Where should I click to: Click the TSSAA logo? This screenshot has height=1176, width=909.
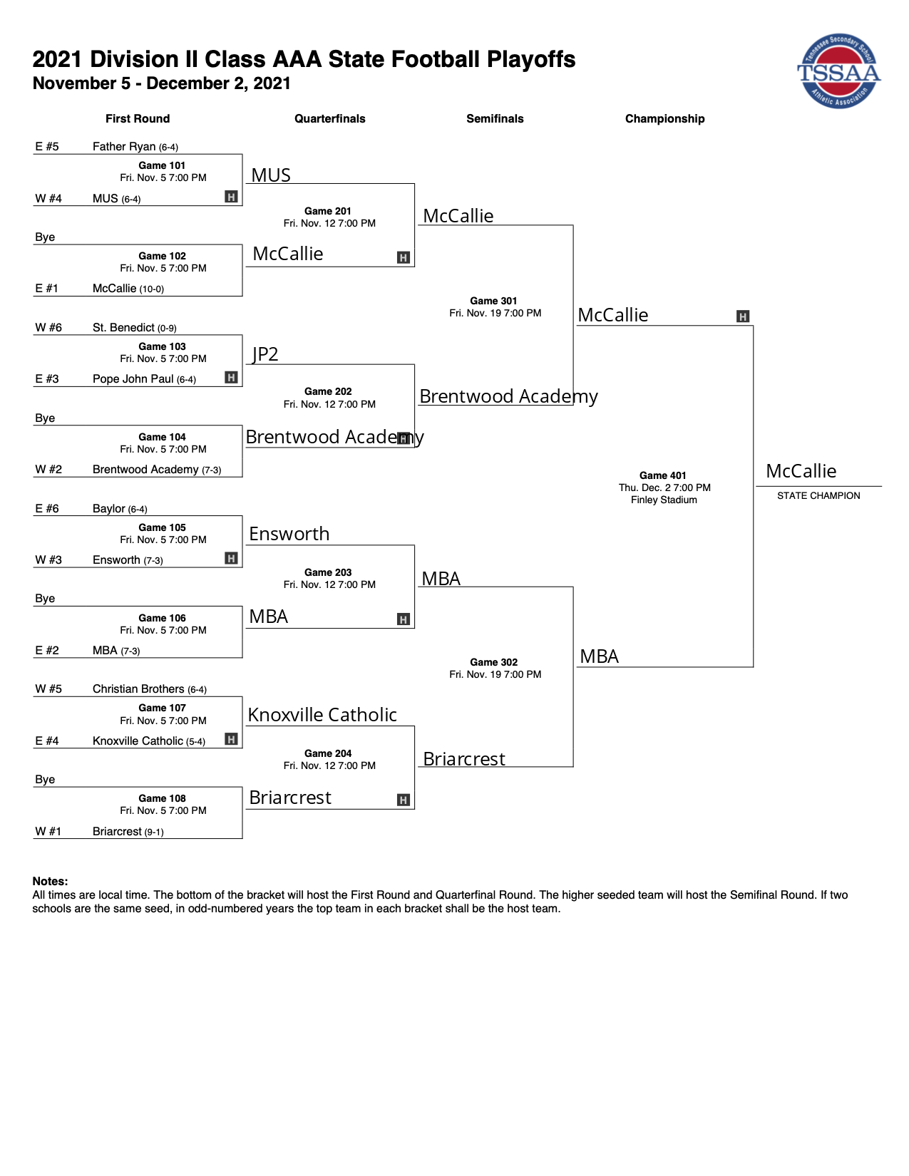pyautogui.click(x=838, y=71)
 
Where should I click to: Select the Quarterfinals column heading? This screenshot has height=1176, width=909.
pyautogui.click(x=329, y=118)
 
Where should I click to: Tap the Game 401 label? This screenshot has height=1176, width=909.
pyautogui.click(x=662, y=475)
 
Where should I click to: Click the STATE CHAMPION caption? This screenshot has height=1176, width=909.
pyautogui.click(x=818, y=495)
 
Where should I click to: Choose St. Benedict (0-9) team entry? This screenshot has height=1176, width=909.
pyautogui.click(x=134, y=327)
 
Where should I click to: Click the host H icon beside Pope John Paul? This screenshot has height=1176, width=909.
pyautogui.click(x=231, y=377)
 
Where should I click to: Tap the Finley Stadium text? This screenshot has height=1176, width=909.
pyautogui.click(x=664, y=500)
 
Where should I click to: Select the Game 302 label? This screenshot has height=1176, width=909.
pyautogui.click(x=494, y=662)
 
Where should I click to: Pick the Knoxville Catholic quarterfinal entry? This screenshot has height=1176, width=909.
pyautogui.click(x=322, y=714)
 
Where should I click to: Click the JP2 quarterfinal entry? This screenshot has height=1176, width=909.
pyautogui.click(x=265, y=354)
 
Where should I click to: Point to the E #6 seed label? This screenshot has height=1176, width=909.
pyautogui.click(x=47, y=508)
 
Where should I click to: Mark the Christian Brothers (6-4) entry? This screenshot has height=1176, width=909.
pyautogui.click(x=150, y=689)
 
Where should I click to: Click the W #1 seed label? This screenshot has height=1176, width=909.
pyautogui.click(x=48, y=831)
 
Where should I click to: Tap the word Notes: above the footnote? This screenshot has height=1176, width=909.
pyautogui.click(x=51, y=881)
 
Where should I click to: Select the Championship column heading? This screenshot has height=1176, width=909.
pyautogui.click(x=665, y=118)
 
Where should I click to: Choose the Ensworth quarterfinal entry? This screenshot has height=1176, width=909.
pyautogui.click(x=289, y=534)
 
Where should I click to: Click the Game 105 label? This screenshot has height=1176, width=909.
pyautogui.click(x=162, y=527)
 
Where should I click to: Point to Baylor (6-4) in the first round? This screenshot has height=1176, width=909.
pyautogui.click(x=120, y=508)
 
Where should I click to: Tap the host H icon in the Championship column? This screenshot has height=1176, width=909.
pyautogui.click(x=743, y=316)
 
